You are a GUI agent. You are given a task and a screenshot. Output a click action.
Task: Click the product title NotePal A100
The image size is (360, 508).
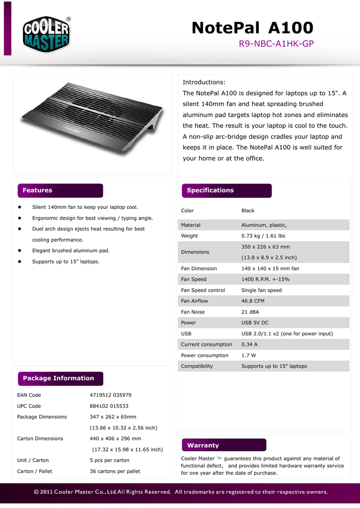pos(252,28)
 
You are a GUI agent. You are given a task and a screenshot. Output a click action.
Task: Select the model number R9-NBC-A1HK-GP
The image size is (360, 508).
pos(276,44)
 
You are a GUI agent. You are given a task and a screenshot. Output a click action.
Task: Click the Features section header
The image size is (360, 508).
pos(37,190)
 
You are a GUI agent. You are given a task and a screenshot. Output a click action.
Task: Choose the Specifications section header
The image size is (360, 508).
pos(210,190)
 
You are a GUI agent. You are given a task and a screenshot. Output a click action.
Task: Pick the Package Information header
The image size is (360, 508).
pos(58,379)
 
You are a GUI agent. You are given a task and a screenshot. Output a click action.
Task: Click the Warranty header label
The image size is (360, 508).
pos(203,445)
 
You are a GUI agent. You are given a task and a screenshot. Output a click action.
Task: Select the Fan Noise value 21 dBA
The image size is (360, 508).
pos(251,312)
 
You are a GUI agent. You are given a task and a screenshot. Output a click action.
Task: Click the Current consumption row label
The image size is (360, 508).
pos(207,344)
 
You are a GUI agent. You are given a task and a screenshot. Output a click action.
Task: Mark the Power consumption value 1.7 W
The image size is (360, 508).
pos(249,355)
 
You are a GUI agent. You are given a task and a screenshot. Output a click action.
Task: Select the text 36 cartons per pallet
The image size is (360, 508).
pos(115,471)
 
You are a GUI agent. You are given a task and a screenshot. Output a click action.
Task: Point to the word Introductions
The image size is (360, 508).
pos(204,82)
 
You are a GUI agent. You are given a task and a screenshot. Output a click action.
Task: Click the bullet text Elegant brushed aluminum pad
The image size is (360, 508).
pos(71,251)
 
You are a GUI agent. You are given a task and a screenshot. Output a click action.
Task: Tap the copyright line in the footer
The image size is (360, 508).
pos(181,493)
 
